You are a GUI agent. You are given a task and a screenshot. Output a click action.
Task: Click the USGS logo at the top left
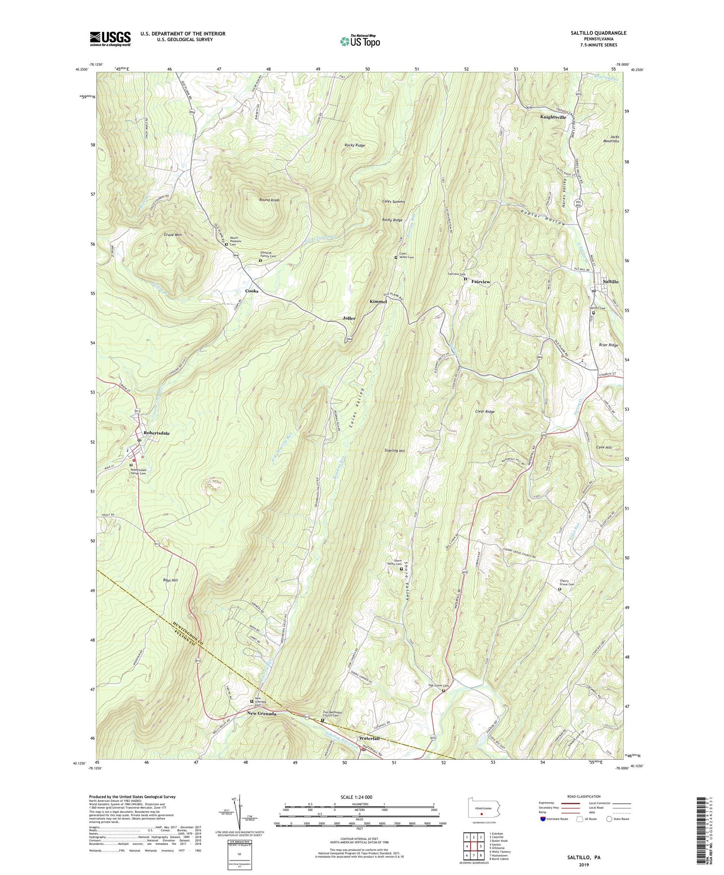(x=110, y=38)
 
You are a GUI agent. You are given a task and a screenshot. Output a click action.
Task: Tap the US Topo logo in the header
(x=359, y=41)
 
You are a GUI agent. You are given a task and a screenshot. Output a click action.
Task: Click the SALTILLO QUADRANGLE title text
(x=598, y=33)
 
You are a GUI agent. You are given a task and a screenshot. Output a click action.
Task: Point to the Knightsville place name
(x=553, y=117)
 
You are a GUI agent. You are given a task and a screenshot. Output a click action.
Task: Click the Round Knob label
(x=269, y=200)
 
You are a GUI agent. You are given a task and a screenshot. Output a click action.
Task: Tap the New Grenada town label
(x=262, y=714)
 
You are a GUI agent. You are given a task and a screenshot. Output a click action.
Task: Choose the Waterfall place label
(x=369, y=739)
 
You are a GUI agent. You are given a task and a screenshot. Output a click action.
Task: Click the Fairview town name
(x=480, y=282)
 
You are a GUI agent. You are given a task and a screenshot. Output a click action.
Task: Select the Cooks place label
(x=252, y=291)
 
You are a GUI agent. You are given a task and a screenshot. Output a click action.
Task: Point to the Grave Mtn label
(x=172, y=234)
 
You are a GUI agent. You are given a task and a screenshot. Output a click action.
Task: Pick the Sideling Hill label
(x=395, y=451)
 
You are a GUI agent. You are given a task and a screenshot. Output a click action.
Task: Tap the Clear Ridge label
(x=485, y=411)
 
